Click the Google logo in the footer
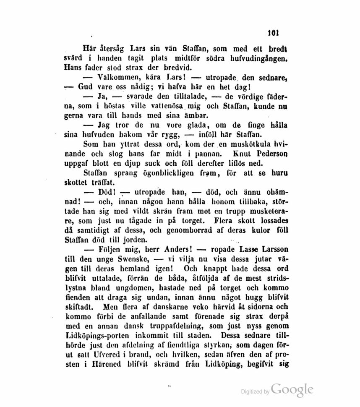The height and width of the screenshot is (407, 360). click(x=292, y=389)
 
